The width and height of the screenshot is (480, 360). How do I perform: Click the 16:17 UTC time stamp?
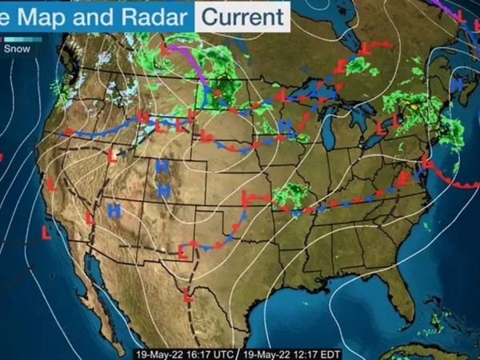(x=186, y=351)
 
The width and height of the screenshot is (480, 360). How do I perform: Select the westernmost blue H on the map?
(x=114, y=210)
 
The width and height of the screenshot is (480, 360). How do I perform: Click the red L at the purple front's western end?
(x=166, y=48)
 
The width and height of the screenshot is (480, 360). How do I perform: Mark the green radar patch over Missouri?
(x=290, y=194)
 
